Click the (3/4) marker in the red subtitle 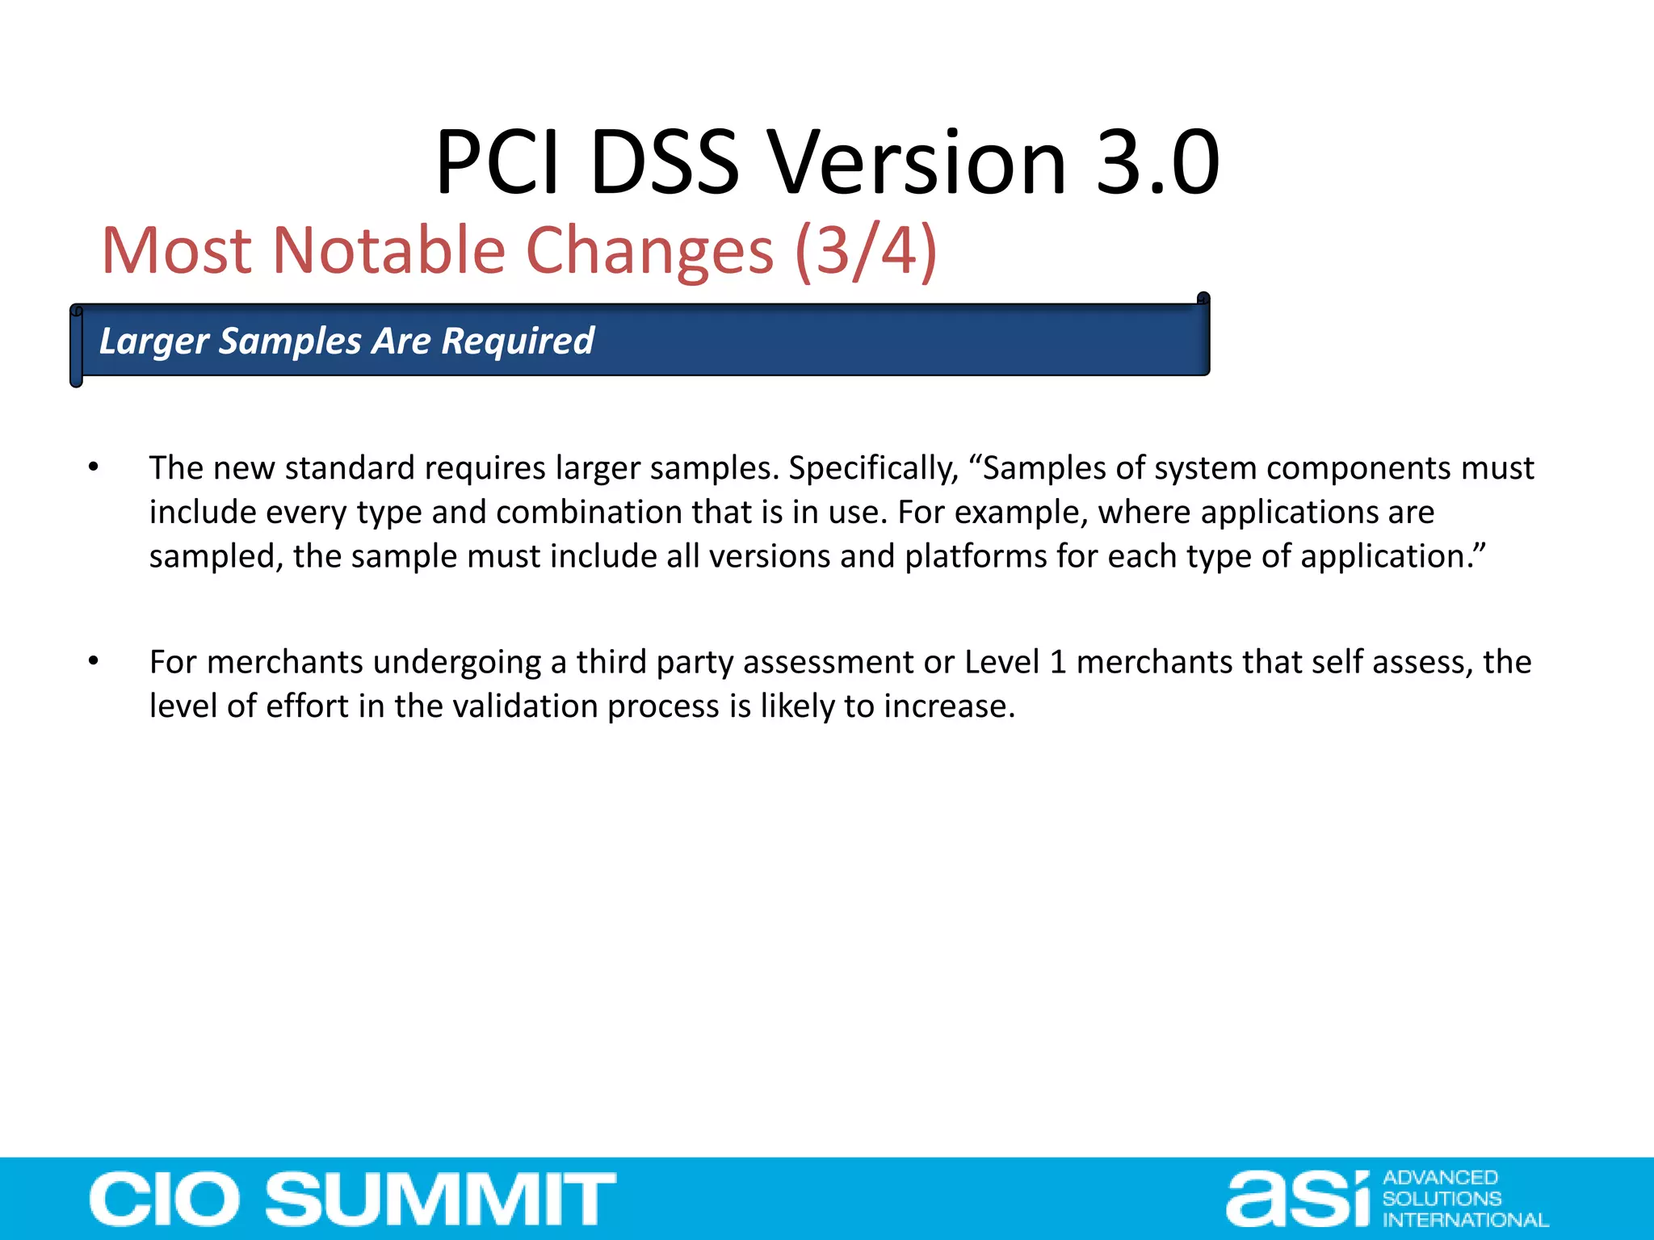[x=866, y=251]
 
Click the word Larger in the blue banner [x=153, y=341]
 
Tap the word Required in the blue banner [x=518, y=341]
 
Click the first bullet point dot [x=94, y=467]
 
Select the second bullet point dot [x=94, y=661]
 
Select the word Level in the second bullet [x=1001, y=663]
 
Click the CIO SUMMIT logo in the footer [x=353, y=1199]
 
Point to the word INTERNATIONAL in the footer [x=1465, y=1220]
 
